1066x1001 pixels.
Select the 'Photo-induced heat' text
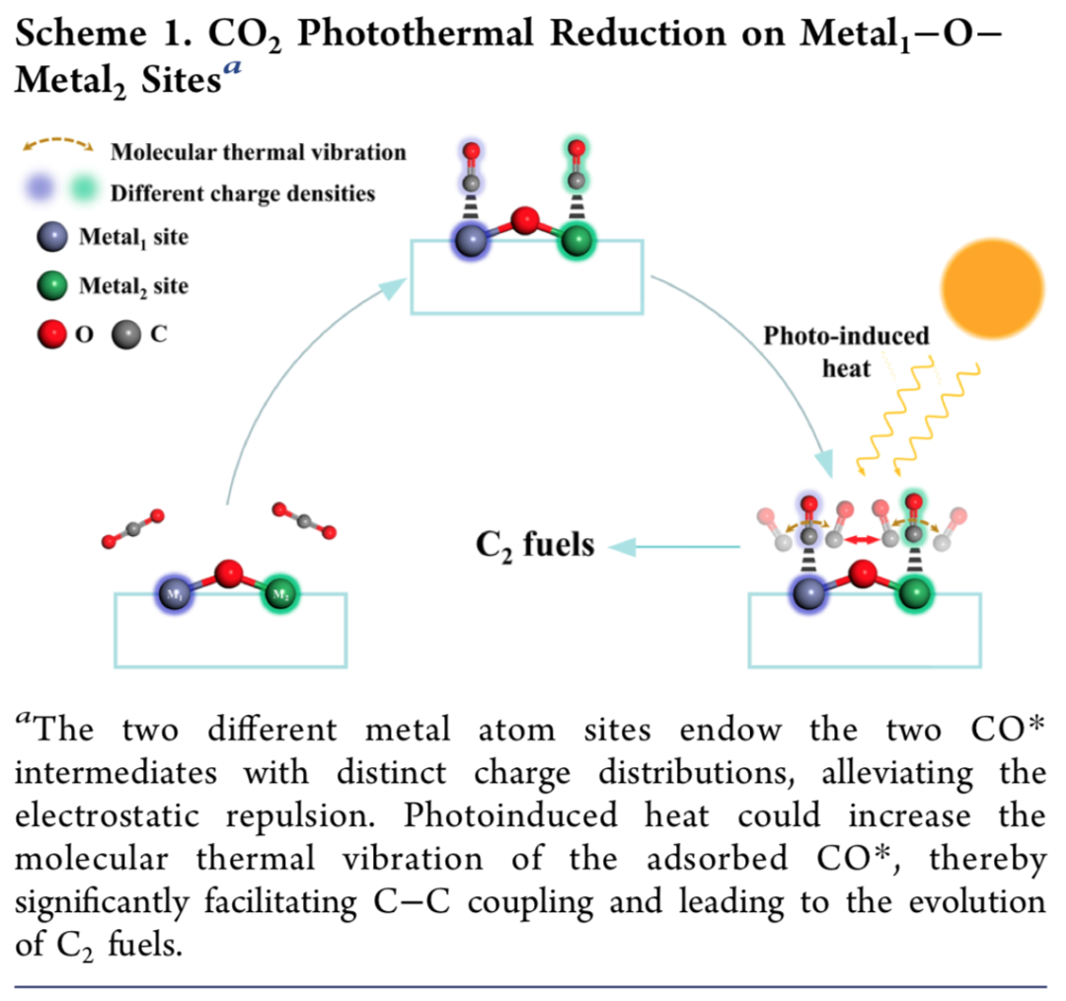pyautogui.click(x=847, y=351)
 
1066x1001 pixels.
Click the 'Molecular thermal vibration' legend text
pyautogui.click(x=259, y=152)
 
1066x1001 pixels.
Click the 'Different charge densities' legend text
pyautogui.click(x=243, y=192)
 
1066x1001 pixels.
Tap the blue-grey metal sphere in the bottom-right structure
pyautogui.click(x=810, y=594)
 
